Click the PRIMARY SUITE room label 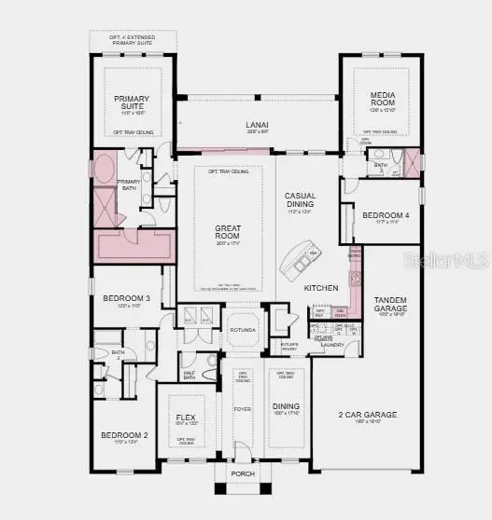132,103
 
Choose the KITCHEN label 321,288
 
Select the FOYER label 242,407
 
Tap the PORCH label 242,472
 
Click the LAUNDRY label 332,345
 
